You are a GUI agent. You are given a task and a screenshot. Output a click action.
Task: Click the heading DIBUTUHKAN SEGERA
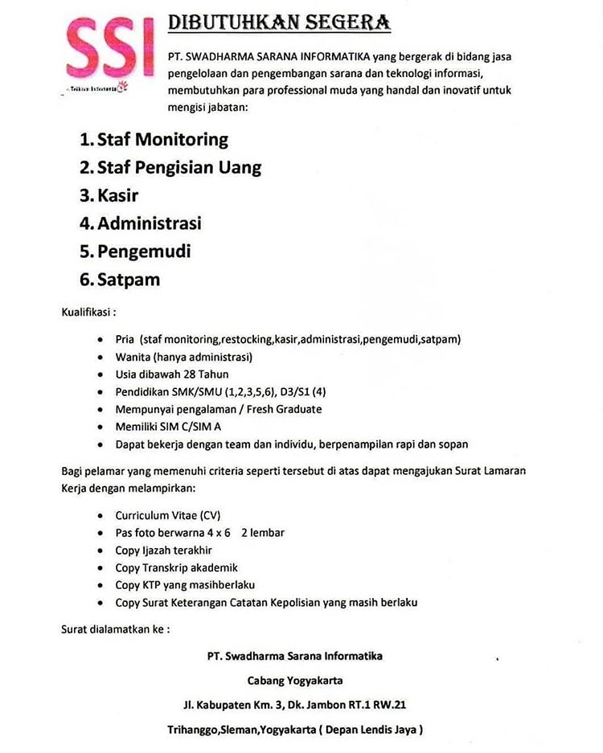tap(279, 23)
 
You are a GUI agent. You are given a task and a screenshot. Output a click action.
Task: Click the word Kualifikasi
tap(88, 311)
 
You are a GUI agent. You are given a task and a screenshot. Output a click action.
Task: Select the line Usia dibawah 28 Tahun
tap(172, 374)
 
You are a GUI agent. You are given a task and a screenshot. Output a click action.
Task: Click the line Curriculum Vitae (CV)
tap(167, 515)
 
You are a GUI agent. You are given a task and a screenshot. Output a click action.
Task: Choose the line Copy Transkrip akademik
tap(176, 567)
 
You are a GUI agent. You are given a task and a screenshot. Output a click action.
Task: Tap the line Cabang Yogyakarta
tap(294, 680)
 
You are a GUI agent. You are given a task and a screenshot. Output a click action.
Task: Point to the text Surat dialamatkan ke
tap(116, 628)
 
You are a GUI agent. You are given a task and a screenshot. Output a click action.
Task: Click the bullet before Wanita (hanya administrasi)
tap(98, 357)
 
